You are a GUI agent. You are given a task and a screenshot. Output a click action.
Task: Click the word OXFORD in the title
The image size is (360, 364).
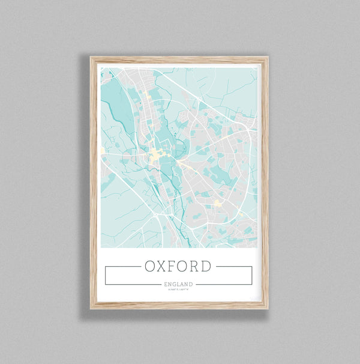(178, 266)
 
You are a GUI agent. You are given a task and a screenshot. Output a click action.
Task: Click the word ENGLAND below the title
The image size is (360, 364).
(178, 284)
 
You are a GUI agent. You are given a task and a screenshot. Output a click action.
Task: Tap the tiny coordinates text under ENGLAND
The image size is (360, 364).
(178, 290)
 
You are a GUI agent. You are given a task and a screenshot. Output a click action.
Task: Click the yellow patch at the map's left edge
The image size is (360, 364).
(102, 150)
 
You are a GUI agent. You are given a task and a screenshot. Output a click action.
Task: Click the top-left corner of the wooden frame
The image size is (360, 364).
(92, 58)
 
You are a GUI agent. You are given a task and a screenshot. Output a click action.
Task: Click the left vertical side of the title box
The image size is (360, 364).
(105, 275)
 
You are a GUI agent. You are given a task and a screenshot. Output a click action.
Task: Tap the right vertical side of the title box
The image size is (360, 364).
(251, 275)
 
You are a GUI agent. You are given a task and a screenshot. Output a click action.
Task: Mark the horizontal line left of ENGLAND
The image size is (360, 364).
(132, 284)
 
